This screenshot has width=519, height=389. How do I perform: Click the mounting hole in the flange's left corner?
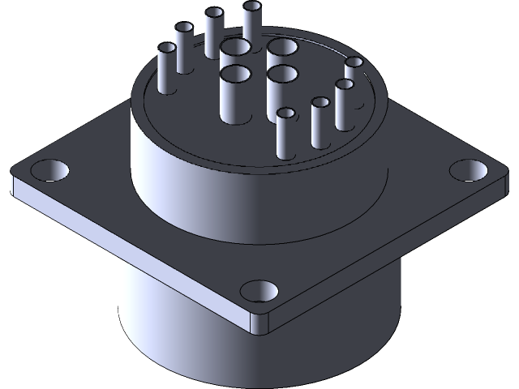coord(50,170)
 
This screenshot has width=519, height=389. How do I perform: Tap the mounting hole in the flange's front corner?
coord(259,291)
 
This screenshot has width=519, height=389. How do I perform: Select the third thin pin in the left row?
coord(214,32)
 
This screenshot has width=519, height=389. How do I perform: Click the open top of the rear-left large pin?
coord(235,47)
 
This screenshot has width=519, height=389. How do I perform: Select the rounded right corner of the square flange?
coord(496,182)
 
